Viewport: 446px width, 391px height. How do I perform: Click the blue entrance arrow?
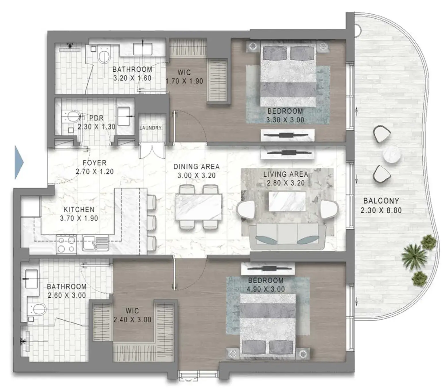(x=19, y=162)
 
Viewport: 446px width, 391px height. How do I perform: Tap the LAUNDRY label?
(x=150, y=128)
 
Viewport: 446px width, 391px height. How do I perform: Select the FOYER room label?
(x=95, y=163)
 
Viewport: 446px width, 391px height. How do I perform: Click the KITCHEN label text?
(x=79, y=209)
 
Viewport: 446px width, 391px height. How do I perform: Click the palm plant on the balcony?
(x=414, y=256)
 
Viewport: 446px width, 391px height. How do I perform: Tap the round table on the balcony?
(x=391, y=154)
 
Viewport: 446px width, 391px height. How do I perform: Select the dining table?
(x=199, y=207)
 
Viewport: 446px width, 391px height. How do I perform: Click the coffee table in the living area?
(x=287, y=201)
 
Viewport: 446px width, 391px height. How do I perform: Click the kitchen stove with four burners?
(x=67, y=244)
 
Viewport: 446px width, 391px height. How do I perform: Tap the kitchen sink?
(x=95, y=243)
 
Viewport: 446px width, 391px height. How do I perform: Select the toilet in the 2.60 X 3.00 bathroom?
(x=37, y=309)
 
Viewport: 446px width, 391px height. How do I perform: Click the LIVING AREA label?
(x=286, y=174)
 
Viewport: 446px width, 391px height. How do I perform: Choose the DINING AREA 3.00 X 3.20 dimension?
(x=197, y=176)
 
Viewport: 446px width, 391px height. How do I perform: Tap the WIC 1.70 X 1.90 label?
(x=184, y=77)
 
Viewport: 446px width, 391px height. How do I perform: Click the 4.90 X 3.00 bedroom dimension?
(x=266, y=289)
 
